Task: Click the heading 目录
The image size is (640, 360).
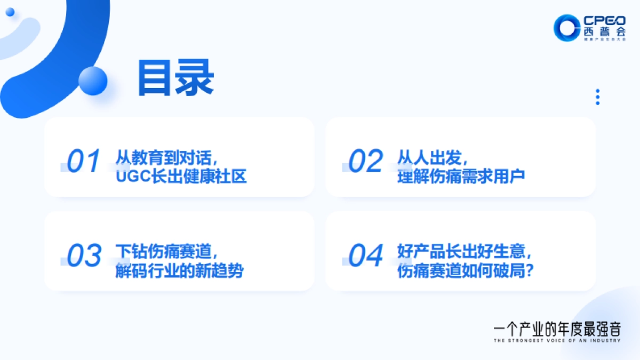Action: (175, 78)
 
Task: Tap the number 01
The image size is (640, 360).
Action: (84, 161)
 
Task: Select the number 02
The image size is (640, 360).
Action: (365, 161)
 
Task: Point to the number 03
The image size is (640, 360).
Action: (84, 255)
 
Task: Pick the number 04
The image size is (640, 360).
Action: (365, 255)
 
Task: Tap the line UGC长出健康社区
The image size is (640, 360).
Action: (181, 176)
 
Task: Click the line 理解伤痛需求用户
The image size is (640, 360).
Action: (461, 176)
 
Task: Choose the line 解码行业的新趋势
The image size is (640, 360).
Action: (180, 270)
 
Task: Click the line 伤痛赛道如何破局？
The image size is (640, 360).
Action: (466, 270)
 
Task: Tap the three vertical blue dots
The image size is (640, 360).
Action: (598, 97)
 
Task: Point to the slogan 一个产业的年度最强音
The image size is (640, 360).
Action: (557, 327)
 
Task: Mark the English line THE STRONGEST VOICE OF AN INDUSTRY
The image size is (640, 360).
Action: (557, 340)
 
